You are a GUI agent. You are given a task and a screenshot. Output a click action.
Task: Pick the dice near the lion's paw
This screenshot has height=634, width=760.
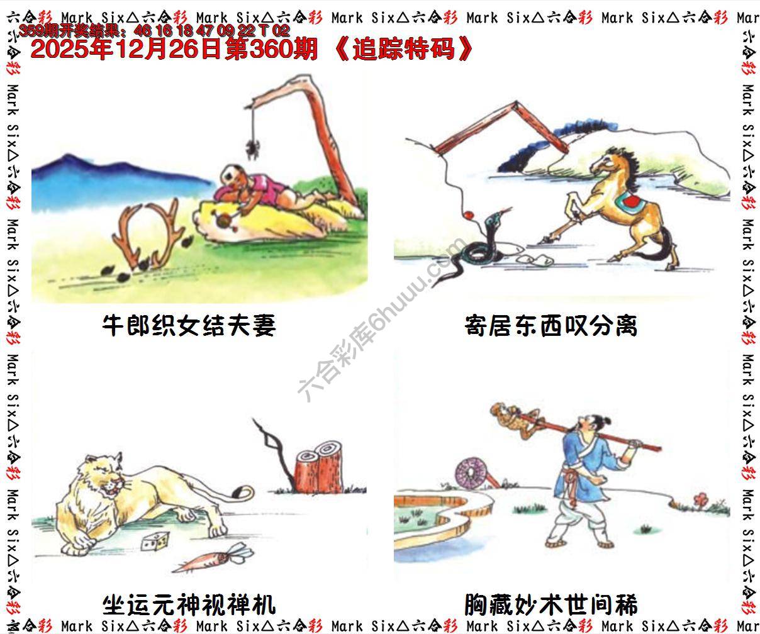(157, 539)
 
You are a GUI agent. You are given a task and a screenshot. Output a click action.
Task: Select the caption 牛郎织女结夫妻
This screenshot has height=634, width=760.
(189, 326)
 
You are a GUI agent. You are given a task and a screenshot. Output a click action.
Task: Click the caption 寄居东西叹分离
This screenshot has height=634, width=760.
(550, 326)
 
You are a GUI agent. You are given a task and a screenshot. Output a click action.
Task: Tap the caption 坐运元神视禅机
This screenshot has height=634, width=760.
(189, 605)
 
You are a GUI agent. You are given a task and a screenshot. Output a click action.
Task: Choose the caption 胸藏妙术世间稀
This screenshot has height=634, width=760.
(550, 605)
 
